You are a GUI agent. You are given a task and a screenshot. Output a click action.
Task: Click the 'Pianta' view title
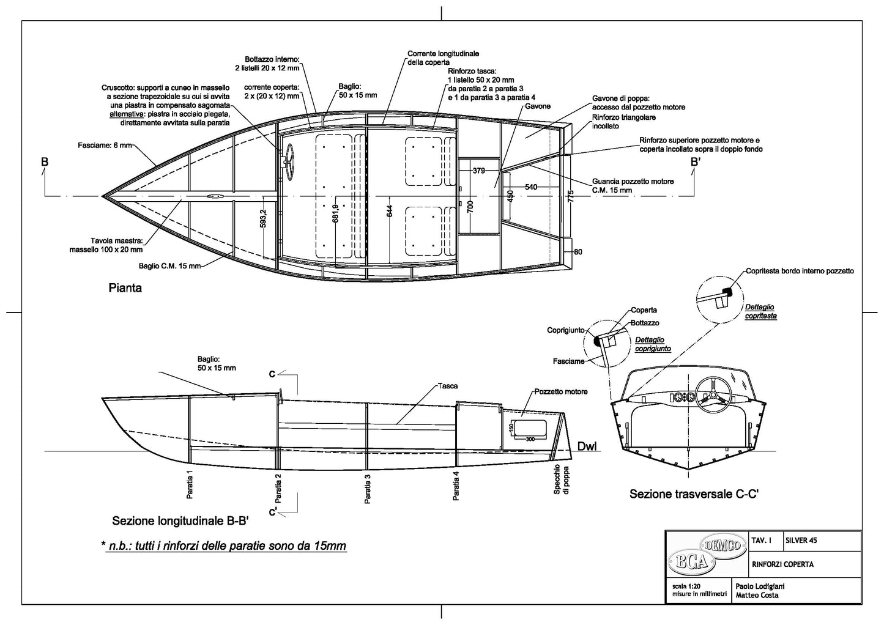click(x=125, y=287)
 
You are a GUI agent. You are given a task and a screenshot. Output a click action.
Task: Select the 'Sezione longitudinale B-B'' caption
click(x=180, y=521)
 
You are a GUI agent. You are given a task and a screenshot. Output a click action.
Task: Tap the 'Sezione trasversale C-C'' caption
click(x=694, y=494)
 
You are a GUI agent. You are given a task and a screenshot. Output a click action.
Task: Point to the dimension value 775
click(x=570, y=196)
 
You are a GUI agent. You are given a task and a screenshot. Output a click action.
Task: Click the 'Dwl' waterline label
click(x=587, y=446)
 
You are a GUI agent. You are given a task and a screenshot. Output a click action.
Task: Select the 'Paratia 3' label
click(x=368, y=489)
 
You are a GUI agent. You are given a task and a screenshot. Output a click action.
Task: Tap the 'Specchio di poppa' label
click(x=560, y=479)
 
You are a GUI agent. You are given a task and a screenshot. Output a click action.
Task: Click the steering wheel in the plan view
click(x=288, y=160)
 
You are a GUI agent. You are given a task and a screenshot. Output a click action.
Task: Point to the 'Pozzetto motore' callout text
click(x=561, y=391)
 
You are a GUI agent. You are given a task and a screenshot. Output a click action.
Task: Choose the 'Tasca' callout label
click(x=448, y=386)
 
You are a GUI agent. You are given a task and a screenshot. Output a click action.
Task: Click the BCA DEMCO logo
click(x=706, y=553)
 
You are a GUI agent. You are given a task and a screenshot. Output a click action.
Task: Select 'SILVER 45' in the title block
click(x=800, y=541)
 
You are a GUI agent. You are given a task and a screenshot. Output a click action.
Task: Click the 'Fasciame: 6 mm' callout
click(x=104, y=146)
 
